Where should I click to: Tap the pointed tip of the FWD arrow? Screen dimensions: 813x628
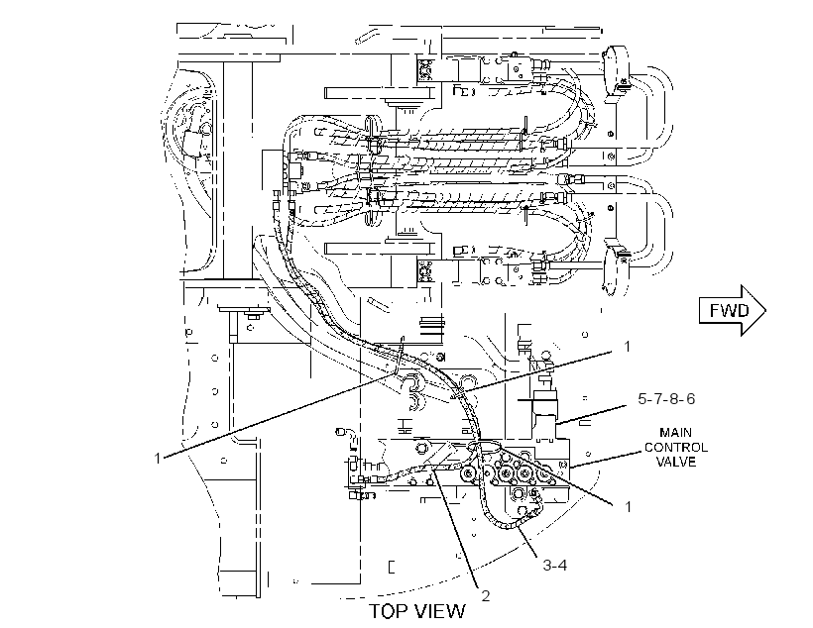[x=765, y=310]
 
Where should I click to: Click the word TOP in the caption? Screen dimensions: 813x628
[x=389, y=611]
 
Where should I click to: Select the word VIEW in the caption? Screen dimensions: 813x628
[x=440, y=611]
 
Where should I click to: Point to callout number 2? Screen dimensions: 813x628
[x=485, y=596]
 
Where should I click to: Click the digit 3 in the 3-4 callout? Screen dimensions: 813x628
[x=547, y=565]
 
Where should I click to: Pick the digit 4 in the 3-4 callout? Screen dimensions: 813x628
[x=562, y=565]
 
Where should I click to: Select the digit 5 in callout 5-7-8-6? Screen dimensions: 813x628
[x=642, y=399]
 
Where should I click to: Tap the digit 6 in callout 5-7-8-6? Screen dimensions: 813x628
[x=690, y=399]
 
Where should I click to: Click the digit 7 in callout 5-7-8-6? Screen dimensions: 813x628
[x=658, y=399]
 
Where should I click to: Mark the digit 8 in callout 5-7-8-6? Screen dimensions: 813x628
[x=673, y=399]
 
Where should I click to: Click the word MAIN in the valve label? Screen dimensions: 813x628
[x=675, y=432]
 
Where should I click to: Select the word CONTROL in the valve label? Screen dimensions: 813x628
[x=675, y=447]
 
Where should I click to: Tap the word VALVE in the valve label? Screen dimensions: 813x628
[x=676, y=462]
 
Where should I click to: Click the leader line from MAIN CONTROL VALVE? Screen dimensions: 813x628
[x=607, y=459]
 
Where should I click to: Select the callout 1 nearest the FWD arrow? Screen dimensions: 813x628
[x=627, y=346]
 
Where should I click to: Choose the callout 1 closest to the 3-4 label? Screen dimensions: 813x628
[x=628, y=506]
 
